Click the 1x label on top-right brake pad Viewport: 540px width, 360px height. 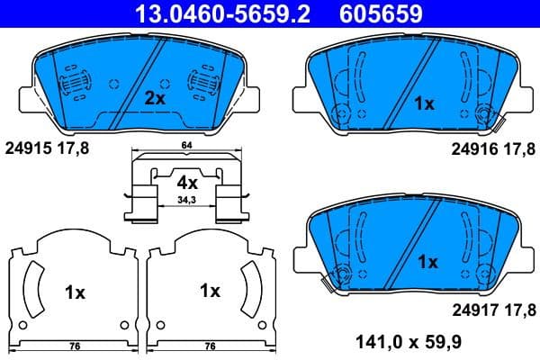coord(424,103)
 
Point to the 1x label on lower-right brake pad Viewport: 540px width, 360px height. coord(427,262)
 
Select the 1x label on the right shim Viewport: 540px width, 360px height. coord(210,291)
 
